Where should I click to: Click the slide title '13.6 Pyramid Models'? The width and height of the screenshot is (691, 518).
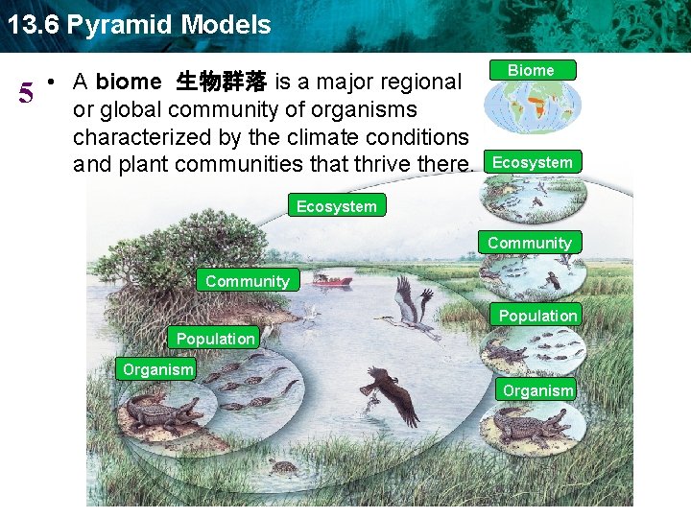click(x=139, y=24)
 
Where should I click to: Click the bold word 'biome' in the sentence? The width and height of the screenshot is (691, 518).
click(x=129, y=82)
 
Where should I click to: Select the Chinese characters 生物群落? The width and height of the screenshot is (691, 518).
click(x=224, y=82)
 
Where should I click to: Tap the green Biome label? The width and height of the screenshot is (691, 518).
click(x=531, y=70)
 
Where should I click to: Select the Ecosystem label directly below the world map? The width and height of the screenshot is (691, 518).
click(x=532, y=162)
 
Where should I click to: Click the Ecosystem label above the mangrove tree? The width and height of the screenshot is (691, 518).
click(x=336, y=205)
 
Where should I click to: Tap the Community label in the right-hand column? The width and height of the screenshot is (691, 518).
click(x=529, y=243)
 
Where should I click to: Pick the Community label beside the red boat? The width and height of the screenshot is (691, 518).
click(x=247, y=281)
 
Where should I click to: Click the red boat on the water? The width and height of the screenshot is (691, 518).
click(x=332, y=281)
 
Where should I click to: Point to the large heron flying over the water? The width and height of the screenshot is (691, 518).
click(x=411, y=307)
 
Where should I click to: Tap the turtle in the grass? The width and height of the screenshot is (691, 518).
click(x=282, y=467)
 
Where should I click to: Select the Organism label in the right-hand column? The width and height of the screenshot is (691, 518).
click(x=537, y=390)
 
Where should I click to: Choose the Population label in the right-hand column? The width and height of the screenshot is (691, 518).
click(x=537, y=316)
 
